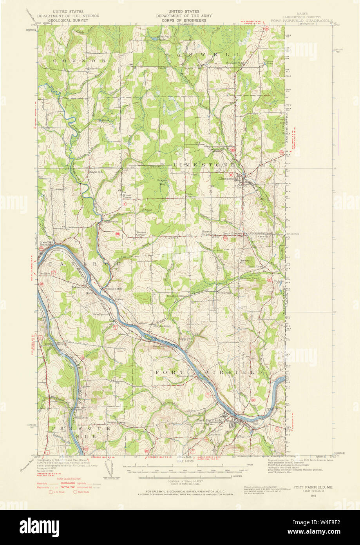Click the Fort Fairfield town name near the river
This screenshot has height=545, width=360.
(209, 420)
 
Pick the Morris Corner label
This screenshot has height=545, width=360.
(206, 233)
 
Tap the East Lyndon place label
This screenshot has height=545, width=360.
(100, 314)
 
